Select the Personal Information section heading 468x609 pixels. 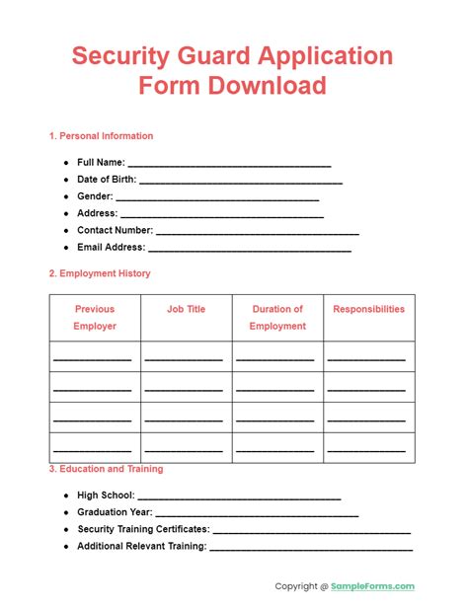click(101, 136)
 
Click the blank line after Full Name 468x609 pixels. click(230, 163)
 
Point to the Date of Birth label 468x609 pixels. click(107, 180)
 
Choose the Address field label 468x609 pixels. click(97, 213)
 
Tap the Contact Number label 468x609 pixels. click(115, 230)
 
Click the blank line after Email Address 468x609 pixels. click(250, 248)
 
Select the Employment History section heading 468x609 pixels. click(100, 273)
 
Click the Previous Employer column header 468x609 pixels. click(95, 317)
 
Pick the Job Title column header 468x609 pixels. click(187, 309)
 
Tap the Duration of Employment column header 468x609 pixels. click(277, 317)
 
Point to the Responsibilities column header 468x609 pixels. click(368, 309)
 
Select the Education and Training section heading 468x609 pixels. click(107, 469)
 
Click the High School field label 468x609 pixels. click(106, 495)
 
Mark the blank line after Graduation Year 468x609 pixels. click(259, 512)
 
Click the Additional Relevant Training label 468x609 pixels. click(141, 546)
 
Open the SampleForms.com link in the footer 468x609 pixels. click(373, 586)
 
